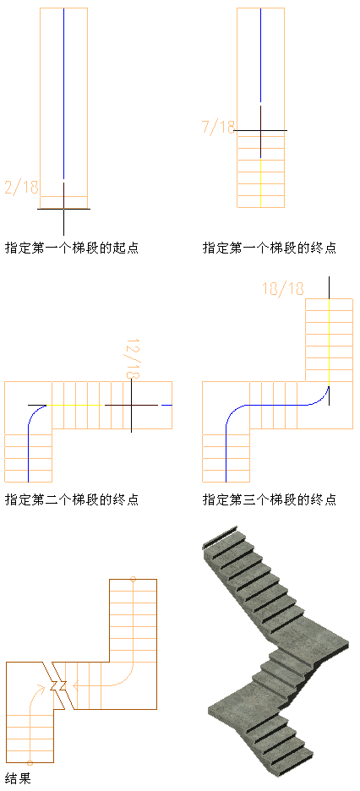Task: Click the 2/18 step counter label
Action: (22, 187)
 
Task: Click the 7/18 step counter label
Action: (219, 127)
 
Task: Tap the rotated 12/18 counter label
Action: (132, 358)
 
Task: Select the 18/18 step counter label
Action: (283, 288)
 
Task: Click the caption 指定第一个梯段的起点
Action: (72, 248)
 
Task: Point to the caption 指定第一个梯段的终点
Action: (270, 248)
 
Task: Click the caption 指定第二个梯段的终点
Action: (72, 500)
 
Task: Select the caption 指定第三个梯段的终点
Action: (270, 500)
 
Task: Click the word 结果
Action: (18, 777)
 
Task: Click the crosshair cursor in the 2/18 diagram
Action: (63, 209)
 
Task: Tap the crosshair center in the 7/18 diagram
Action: (260, 131)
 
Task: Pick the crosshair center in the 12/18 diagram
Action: (131, 405)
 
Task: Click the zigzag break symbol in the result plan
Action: (58, 685)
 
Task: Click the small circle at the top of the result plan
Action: (134, 579)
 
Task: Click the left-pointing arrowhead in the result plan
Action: (75, 685)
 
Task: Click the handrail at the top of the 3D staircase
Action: (220, 537)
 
